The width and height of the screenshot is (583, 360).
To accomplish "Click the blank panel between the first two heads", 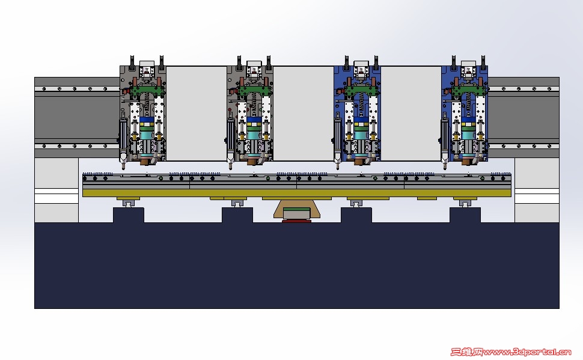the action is click(x=197, y=114).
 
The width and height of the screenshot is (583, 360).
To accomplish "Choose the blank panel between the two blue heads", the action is click(x=411, y=114).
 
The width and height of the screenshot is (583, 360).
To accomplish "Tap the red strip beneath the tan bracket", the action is click(x=296, y=221).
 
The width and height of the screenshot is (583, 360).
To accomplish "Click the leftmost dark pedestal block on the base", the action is click(x=128, y=215).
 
